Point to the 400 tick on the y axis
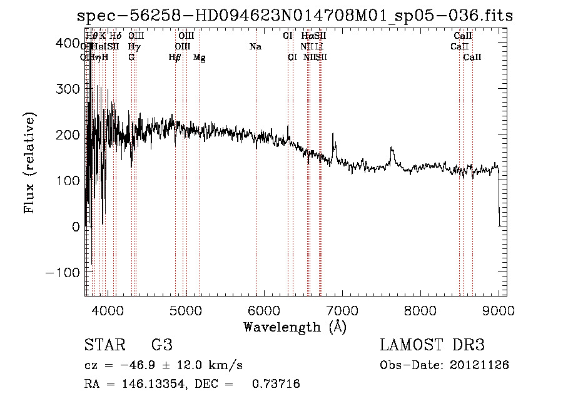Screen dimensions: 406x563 85,43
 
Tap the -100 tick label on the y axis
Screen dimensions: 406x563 62,273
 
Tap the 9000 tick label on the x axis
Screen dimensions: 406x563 499,310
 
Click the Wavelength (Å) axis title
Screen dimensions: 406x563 295,327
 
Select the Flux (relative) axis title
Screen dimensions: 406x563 29,163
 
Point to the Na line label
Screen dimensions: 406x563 255,47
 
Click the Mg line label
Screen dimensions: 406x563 199,58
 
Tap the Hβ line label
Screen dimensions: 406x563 175,58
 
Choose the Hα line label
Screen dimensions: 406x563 307,36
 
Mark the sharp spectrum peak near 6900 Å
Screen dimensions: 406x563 333,134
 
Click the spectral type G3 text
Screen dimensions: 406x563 162,345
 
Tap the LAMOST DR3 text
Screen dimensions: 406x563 432,345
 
